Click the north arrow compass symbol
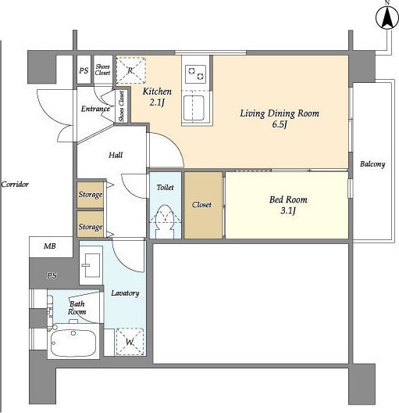click(x=387, y=18)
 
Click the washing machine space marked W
click(x=130, y=342)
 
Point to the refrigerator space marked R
click(x=130, y=70)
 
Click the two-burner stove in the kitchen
click(x=195, y=74)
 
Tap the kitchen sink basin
click(x=194, y=108)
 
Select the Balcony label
click(x=372, y=164)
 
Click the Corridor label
click(x=15, y=184)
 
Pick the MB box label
click(x=50, y=246)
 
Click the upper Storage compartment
click(x=90, y=195)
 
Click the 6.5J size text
click(x=279, y=124)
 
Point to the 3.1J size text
click(x=288, y=210)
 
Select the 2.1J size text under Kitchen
click(x=157, y=102)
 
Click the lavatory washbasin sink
click(x=91, y=265)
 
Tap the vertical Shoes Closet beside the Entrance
click(x=122, y=106)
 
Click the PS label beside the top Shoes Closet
click(x=84, y=70)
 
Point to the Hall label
click(x=116, y=155)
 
